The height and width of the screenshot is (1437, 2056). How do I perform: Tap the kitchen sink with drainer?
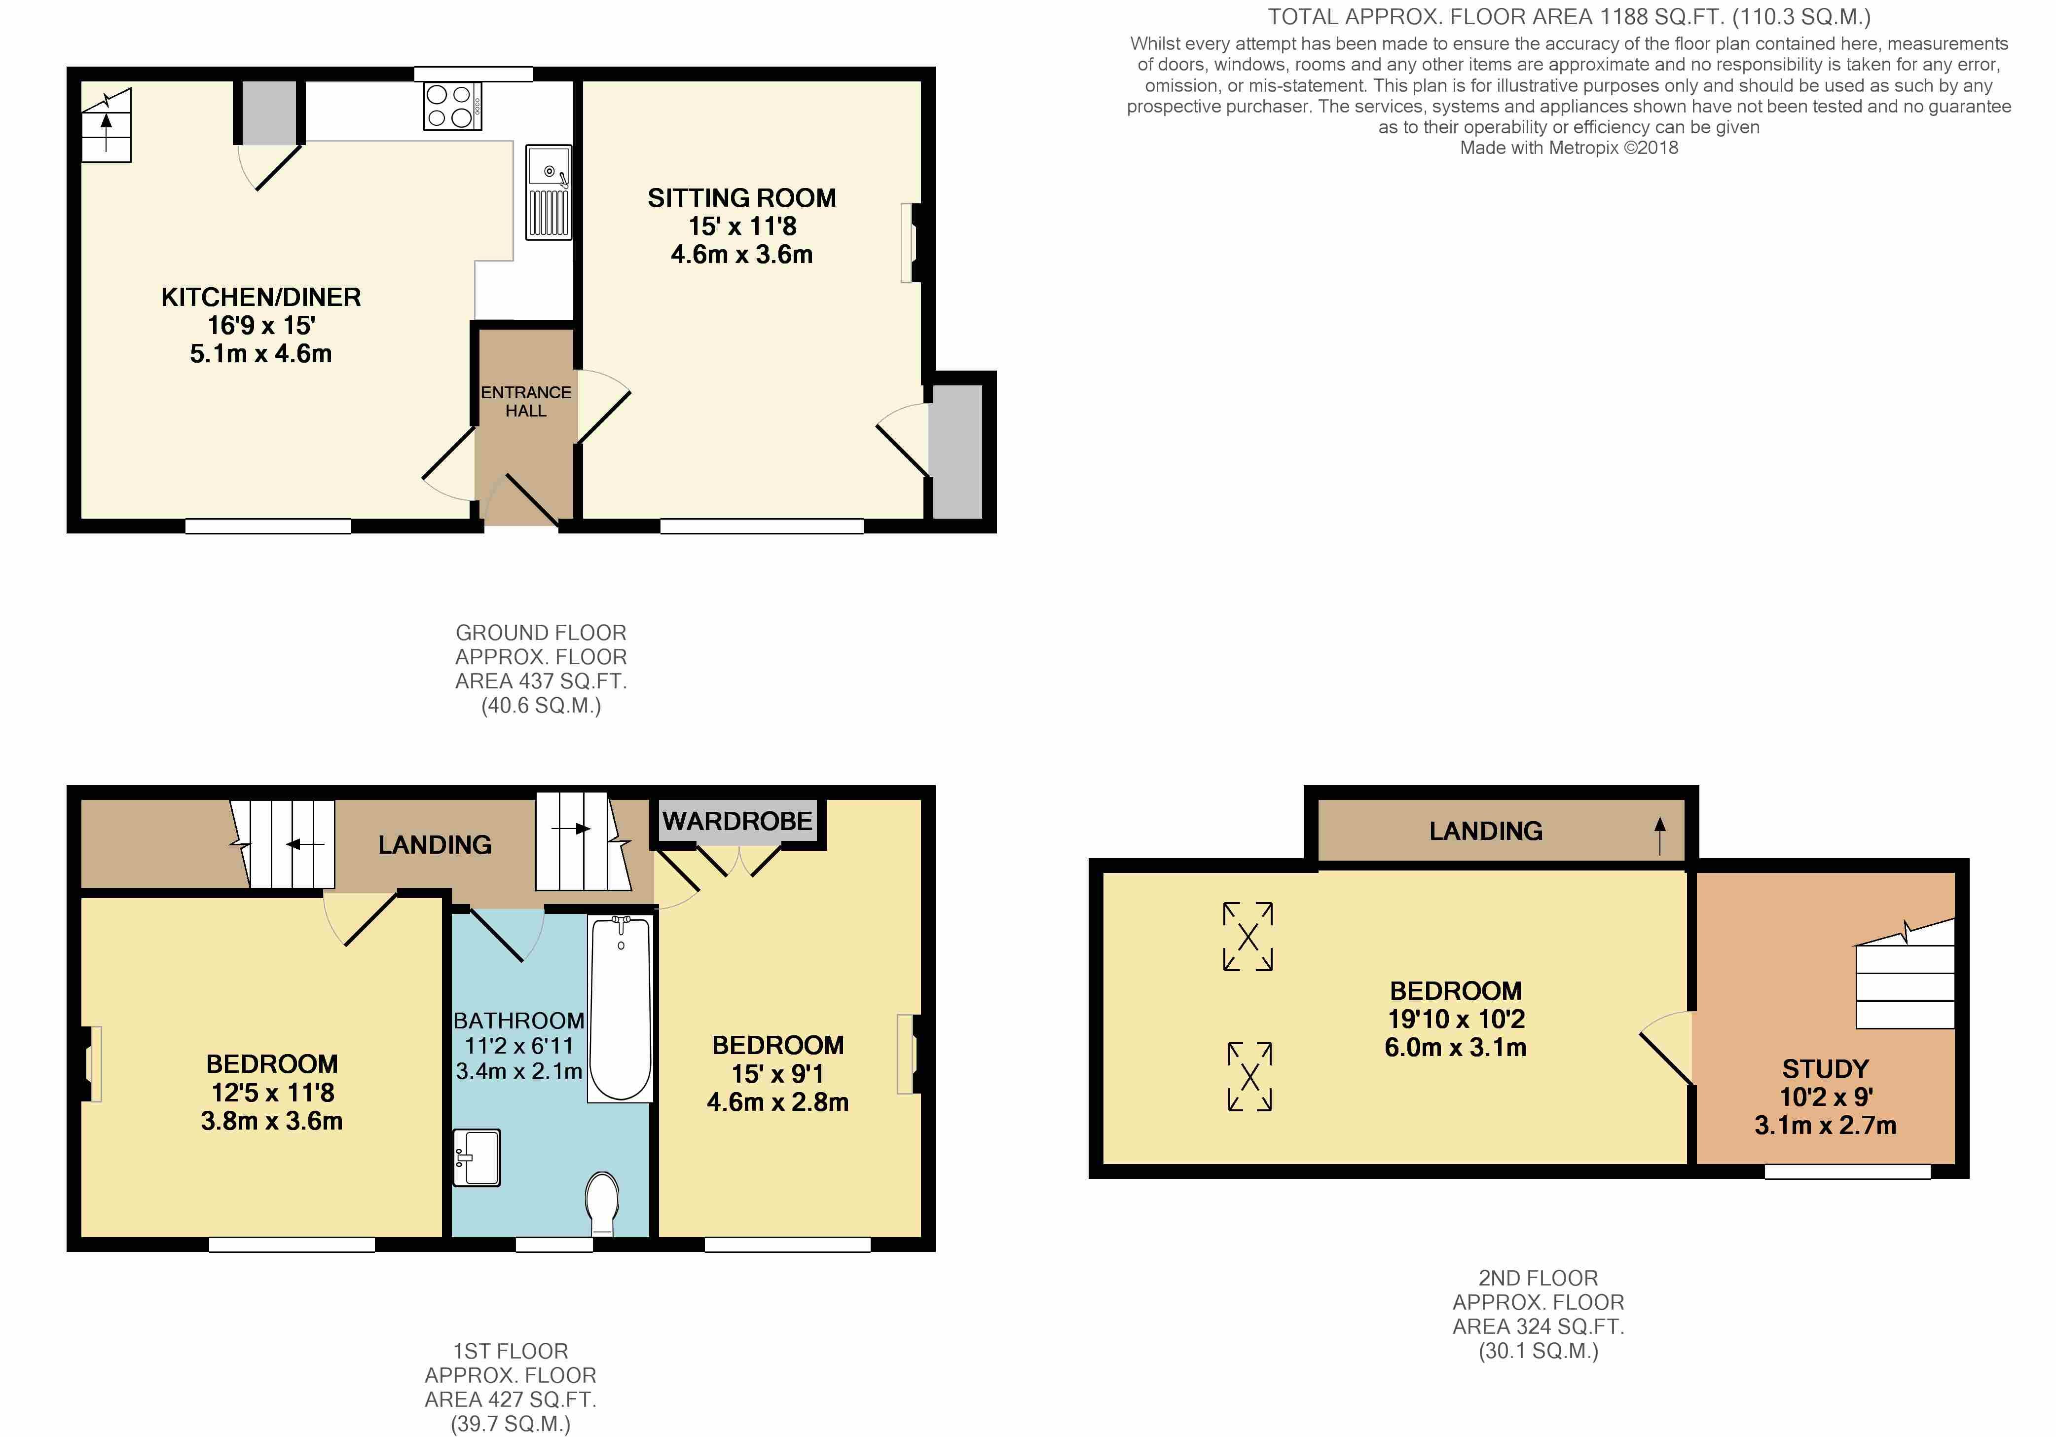pyautogui.click(x=548, y=192)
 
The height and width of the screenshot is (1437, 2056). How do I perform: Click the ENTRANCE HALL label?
pyautogui.click(x=526, y=401)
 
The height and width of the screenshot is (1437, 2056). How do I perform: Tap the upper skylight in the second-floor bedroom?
pyautogui.click(x=1248, y=936)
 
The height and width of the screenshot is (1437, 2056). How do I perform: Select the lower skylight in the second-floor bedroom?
pyautogui.click(x=1249, y=1076)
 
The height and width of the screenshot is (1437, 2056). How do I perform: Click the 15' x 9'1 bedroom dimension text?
pyautogui.click(x=777, y=1073)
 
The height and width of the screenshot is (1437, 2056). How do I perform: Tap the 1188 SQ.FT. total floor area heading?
pyautogui.click(x=1569, y=16)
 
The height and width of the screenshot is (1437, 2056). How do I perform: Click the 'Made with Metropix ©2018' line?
pyautogui.click(x=1569, y=148)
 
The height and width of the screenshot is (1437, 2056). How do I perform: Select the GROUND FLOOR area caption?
pyautogui.click(x=541, y=669)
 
